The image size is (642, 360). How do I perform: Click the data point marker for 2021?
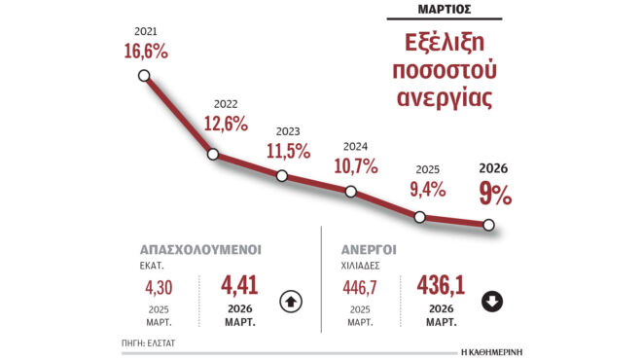pyautogui.click(x=144, y=76)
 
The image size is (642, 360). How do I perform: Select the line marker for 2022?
pyautogui.click(x=213, y=154)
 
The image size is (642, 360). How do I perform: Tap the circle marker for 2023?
pyautogui.click(x=282, y=176)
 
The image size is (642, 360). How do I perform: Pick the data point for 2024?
pyautogui.click(x=351, y=192)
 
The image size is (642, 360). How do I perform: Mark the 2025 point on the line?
pyautogui.click(x=420, y=217)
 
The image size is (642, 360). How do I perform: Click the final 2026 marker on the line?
pyautogui.click(x=488, y=226)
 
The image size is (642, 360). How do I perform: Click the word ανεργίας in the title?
pyautogui.click(x=451, y=100)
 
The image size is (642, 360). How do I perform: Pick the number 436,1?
pyautogui.click(x=440, y=288)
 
